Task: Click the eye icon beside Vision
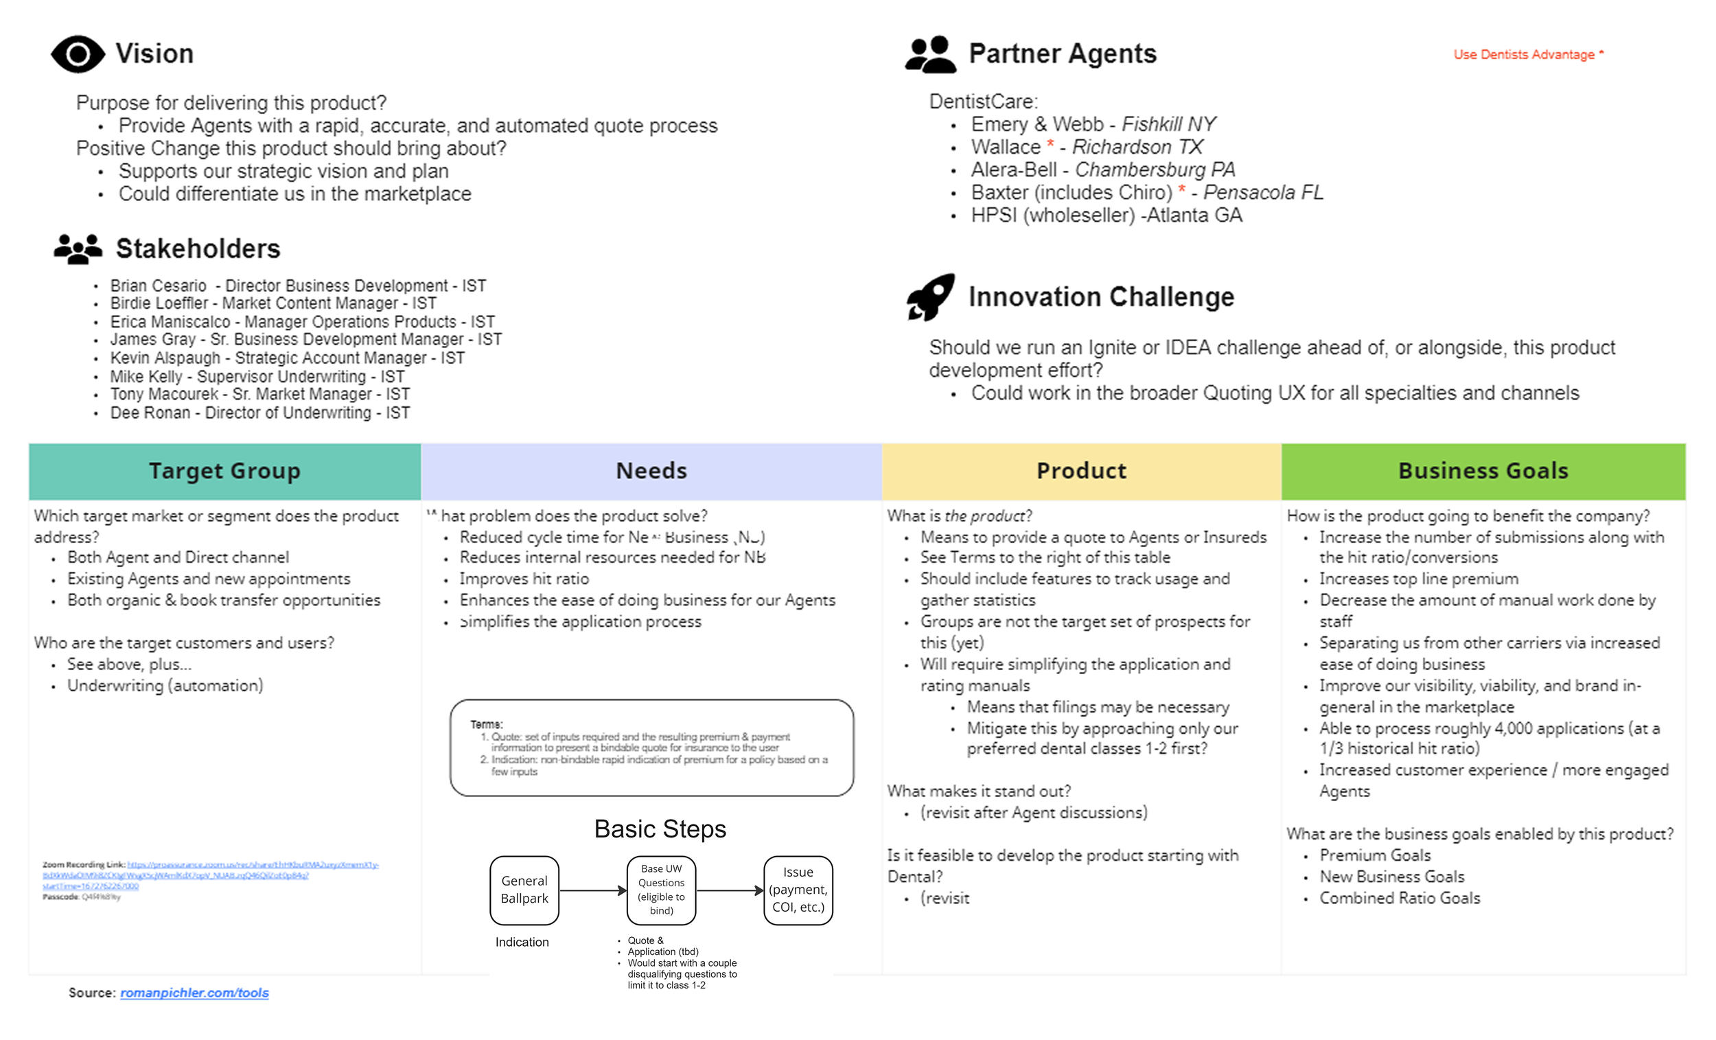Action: point(78,54)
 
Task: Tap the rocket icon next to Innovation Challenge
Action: point(931,297)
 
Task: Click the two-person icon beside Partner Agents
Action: point(931,54)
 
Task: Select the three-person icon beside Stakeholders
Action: point(78,249)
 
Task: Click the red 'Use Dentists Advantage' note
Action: point(1528,54)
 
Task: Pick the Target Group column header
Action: point(224,471)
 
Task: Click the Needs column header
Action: point(651,471)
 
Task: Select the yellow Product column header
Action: point(1081,471)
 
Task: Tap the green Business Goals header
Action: point(1483,471)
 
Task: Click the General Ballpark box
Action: point(524,890)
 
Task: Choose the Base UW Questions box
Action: point(661,890)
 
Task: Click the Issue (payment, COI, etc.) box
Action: point(798,890)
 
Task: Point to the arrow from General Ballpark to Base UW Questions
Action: point(592,890)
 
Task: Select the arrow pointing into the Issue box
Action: point(730,890)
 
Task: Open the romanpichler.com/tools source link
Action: point(194,993)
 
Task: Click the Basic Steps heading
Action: point(660,829)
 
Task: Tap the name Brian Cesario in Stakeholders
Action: point(158,286)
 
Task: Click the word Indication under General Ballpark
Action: point(522,942)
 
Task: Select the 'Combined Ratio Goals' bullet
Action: point(1399,898)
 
